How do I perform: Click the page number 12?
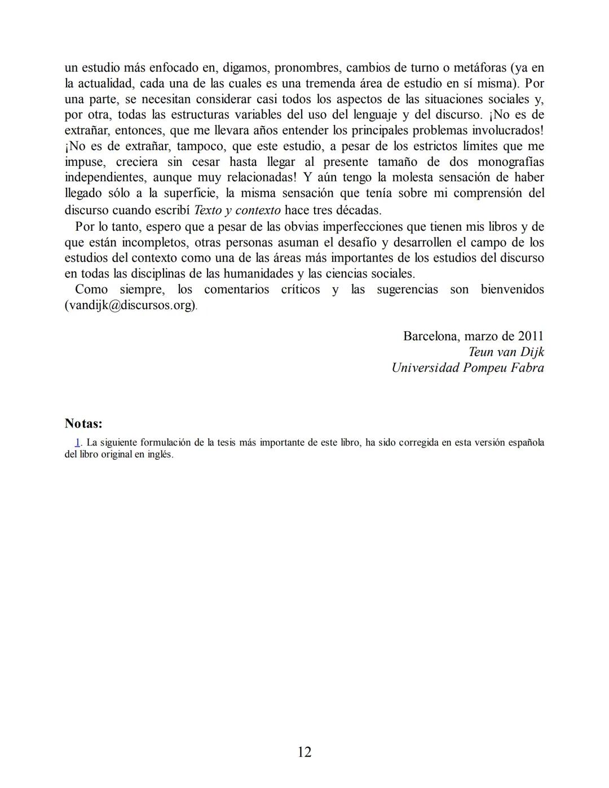(304, 752)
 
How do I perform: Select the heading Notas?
(83, 424)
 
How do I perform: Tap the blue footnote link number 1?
(77, 443)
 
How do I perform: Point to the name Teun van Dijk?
(506, 352)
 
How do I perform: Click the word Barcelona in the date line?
(430, 336)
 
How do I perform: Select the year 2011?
(531, 336)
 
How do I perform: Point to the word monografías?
(507, 162)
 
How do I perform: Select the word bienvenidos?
(512, 290)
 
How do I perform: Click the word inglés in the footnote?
(160, 455)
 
